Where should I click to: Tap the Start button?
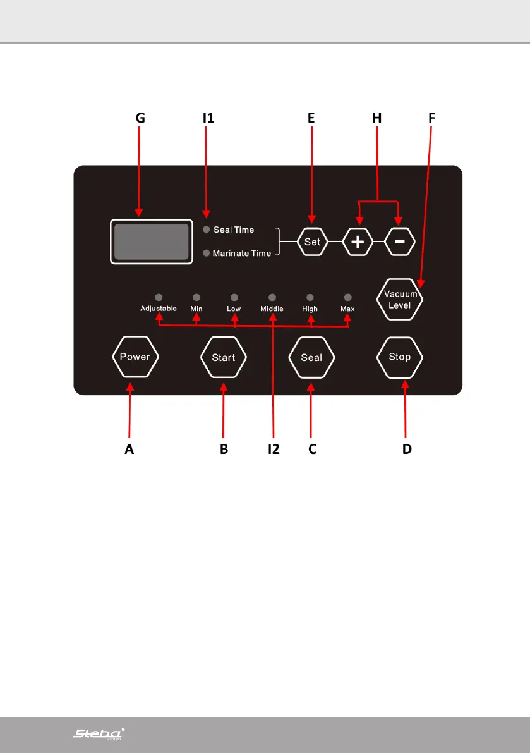(223, 357)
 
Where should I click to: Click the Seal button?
(311, 357)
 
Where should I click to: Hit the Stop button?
(399, 357)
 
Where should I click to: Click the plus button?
(358, 242)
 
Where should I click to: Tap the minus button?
(399, 242)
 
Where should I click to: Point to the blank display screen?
(152, 242)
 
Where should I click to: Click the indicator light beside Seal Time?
(206, 230)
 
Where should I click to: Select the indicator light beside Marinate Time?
(206, 253)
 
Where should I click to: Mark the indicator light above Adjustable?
(159, 297)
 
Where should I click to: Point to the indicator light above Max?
(347, 297)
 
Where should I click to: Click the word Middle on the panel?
(272, 309)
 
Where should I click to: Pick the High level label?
(310, 309)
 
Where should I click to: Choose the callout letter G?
(140, 118)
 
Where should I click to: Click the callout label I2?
(273, 449)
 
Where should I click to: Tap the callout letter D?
(407, 449)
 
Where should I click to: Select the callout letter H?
(377, 118)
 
